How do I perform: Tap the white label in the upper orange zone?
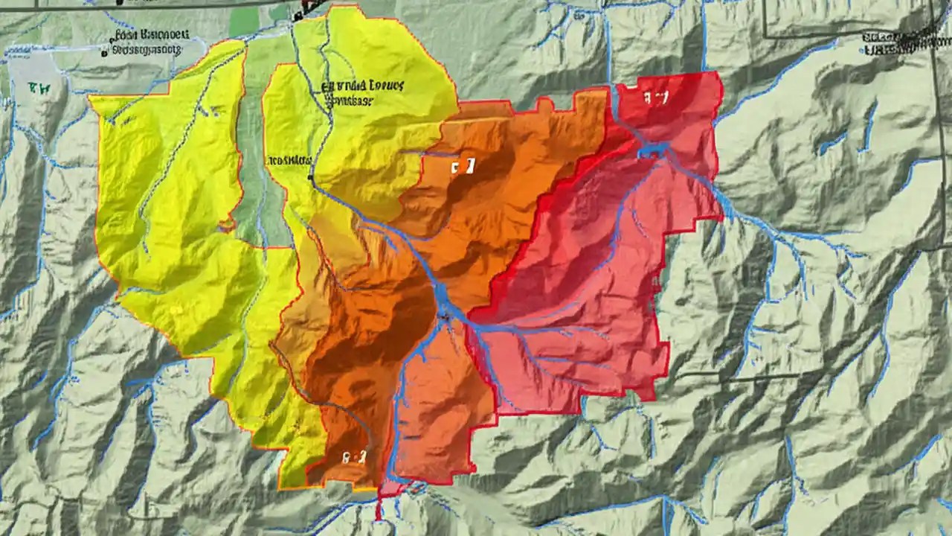(x=462, y=166)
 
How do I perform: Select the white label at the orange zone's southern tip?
(x=354, y=458)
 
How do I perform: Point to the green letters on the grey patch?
(x=38, y=88)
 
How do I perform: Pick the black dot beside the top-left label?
(x=103, y=53)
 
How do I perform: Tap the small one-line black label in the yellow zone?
(x=289, y=159)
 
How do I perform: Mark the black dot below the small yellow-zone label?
(x=310, y=178)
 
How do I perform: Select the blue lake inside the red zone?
(x=652, y=150)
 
